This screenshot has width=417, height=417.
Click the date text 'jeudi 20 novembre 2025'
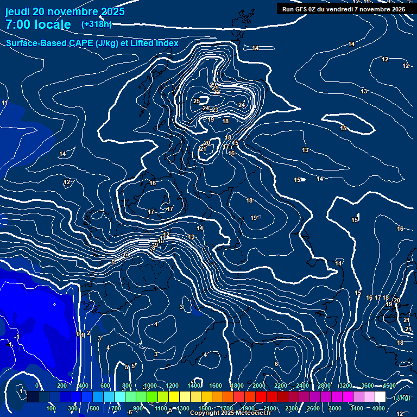click(x=65, y=11)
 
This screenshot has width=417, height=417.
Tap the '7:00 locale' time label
click(x=38, y=24)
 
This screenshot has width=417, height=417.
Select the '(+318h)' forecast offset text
click(x=96, y=24)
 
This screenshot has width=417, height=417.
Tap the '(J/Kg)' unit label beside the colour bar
click(x=402, y=397)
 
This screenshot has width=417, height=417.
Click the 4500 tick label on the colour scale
click(x=389, y=386)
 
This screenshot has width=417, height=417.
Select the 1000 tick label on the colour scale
click(x=150, y=386)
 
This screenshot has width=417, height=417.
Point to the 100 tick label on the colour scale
click(x=52, y=408)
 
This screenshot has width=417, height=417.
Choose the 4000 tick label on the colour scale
click(x=378, y=408)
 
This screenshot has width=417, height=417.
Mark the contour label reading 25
click(x=197, y=102)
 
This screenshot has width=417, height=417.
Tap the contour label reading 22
click(x=217, y=92)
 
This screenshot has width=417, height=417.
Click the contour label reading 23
click(x=215, y=110)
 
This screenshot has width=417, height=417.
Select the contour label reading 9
click(x=156, y=245)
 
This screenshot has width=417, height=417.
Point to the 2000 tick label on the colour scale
click(x=259, y=386)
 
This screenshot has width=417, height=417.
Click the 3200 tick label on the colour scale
click(x=346, y=386)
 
